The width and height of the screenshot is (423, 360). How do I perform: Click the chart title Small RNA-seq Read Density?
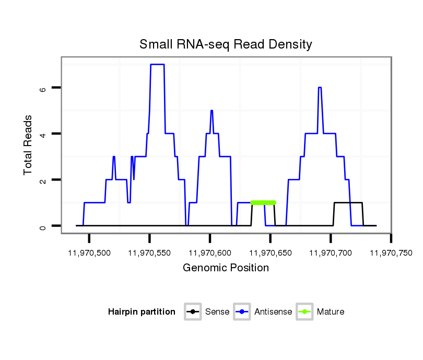[x=226, y=44]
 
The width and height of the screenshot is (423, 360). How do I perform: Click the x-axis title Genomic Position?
[x=226, y=268]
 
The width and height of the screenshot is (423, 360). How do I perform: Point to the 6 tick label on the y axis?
[x=43, y=88]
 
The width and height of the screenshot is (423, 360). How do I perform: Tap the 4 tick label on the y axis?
[x=43, y=134]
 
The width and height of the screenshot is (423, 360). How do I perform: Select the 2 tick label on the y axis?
[x=43, y=180]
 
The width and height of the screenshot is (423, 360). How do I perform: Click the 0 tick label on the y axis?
[x=43, y=226]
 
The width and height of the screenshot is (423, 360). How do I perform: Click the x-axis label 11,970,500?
[x=89, y=253]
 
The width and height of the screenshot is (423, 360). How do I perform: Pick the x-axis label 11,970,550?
[x=149, y=253]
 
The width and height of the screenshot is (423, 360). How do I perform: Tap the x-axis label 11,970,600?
[x=210, y=253]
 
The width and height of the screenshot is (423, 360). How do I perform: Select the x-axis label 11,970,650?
[x=270, y=253]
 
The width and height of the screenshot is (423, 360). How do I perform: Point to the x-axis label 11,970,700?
[x=331, y=253]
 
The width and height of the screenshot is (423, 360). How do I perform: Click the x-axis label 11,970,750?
[x=391, y=253]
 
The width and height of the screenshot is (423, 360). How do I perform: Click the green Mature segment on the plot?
[x=263, y=202]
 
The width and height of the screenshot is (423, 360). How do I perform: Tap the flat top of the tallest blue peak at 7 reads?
[x=157, y=64]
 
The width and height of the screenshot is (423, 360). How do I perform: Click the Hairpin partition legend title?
[x=142, y=312]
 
